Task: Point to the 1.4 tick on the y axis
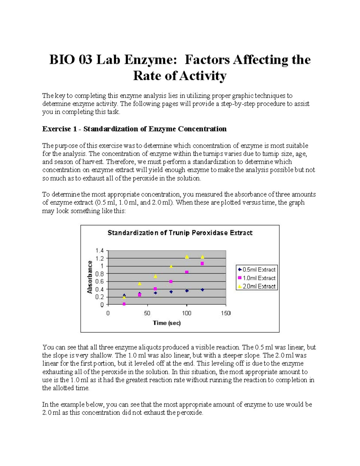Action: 100,251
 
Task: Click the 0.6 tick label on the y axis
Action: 100,281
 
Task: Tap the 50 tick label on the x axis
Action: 147,313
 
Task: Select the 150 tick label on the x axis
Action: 226,313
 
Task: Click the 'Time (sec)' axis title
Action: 167,323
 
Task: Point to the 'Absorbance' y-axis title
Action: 89,277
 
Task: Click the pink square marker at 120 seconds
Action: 202,263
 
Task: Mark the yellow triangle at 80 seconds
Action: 171,266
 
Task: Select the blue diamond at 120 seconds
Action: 202,290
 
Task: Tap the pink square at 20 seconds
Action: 124,304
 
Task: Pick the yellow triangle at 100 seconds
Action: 187,257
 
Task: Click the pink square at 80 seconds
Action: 171,281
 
